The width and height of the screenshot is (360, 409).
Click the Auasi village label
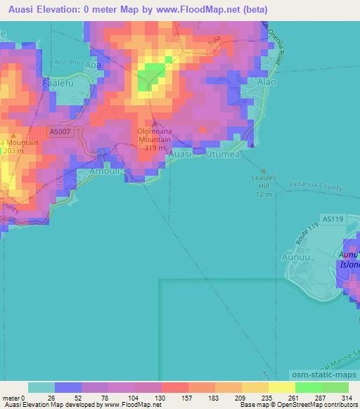(181, 153)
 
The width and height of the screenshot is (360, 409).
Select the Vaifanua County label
(316, 188)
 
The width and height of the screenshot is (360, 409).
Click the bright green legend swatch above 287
(308, 387)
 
